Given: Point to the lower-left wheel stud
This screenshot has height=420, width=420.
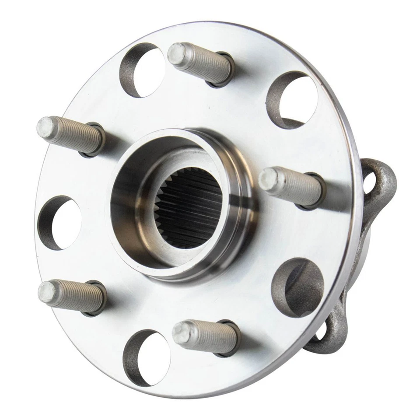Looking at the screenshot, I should tap(70, 295).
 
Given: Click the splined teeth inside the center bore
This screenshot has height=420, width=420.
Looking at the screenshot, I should tap(190, 210).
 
